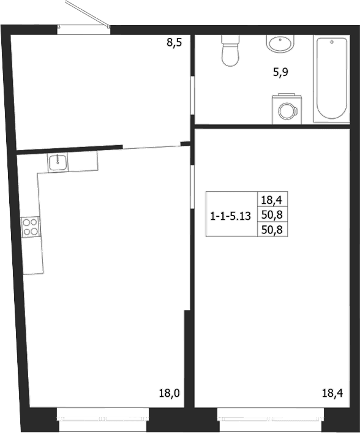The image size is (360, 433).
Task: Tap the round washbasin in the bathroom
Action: [x=280, y=43]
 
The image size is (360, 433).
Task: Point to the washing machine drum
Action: [x=287, y=111]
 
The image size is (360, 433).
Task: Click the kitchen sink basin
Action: [x=58, y=162]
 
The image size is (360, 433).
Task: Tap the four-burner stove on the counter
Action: [x=31, y=227]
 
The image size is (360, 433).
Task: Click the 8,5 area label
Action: [x=174, y=43]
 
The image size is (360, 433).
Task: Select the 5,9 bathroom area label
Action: [x=280, y=73]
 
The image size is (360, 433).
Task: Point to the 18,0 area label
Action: [x=169, y=393]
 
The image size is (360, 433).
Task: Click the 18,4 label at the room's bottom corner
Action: [x=332, y=393]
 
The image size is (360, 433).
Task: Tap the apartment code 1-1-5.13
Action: [x=231, y=216]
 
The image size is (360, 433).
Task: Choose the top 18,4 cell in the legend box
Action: [x=272, y=200]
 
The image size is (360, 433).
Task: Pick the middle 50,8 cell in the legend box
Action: [x=272, y=214]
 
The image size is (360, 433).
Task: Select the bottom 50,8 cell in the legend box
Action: [x=272, y=229]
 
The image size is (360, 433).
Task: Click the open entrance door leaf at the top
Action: [x=88, y=14]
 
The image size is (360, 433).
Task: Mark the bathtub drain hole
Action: [x=332, y=42]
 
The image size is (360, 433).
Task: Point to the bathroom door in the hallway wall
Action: [x=193, y=96]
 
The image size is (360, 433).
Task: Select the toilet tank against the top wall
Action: [x=230, y=39]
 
